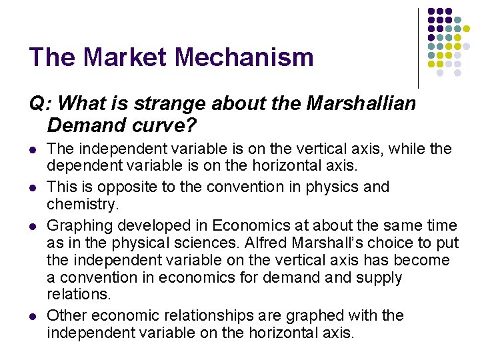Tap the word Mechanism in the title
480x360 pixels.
[245, 57]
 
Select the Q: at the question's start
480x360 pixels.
[40, 103]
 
